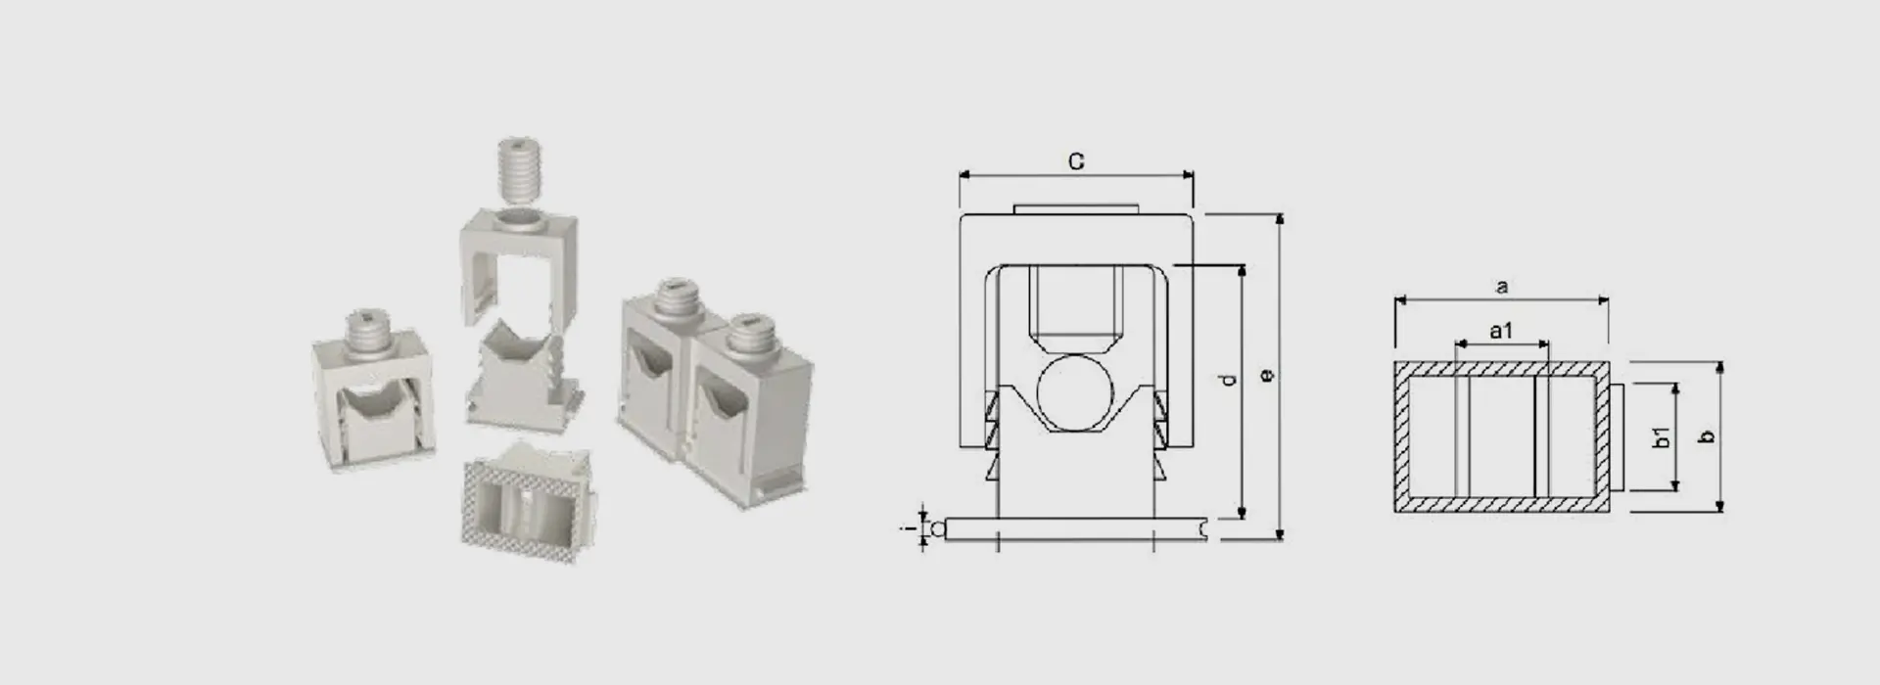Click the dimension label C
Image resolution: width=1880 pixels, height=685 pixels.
[x=1076, y=161]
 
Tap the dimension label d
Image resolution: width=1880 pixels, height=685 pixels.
[x=1230, y=379]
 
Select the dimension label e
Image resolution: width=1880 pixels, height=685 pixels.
[x=1267, y=375]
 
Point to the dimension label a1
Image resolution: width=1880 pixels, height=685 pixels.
[x=1501, y=332]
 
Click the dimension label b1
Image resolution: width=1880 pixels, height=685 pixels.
[x=1662, y=437]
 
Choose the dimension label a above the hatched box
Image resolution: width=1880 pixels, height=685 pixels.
[x=1502, y=287]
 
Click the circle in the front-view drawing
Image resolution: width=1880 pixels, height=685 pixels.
[x=1075, y=393]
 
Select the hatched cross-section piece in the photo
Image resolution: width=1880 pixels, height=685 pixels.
[x=530, y=503]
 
